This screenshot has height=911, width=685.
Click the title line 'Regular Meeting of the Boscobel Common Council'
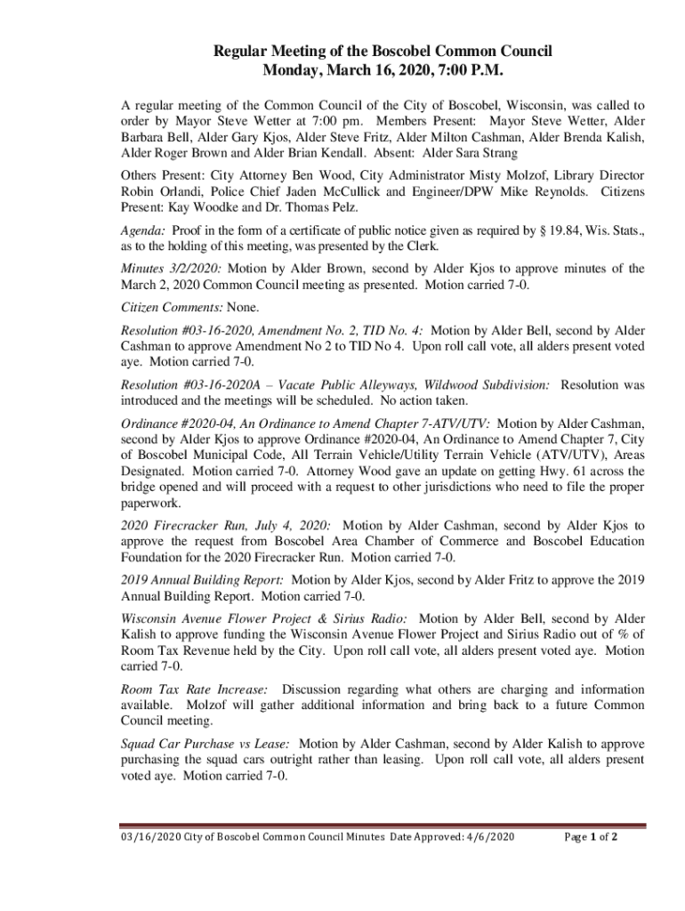pyautogui.click(x=383, y=52)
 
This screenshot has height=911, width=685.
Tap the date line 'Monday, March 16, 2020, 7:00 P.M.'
pyautogui.click(x=383, y=71)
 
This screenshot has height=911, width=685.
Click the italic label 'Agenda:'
pyautogui.click(x=142, y=230)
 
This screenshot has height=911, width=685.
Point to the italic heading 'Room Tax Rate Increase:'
pyautogui.click(x=195, y=689)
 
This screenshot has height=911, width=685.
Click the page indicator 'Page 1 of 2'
pyautogui.click(x=592, y=837)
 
